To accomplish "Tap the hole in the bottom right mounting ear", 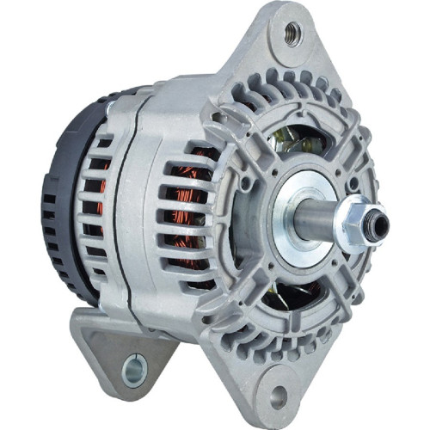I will (x=278, y=396).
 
